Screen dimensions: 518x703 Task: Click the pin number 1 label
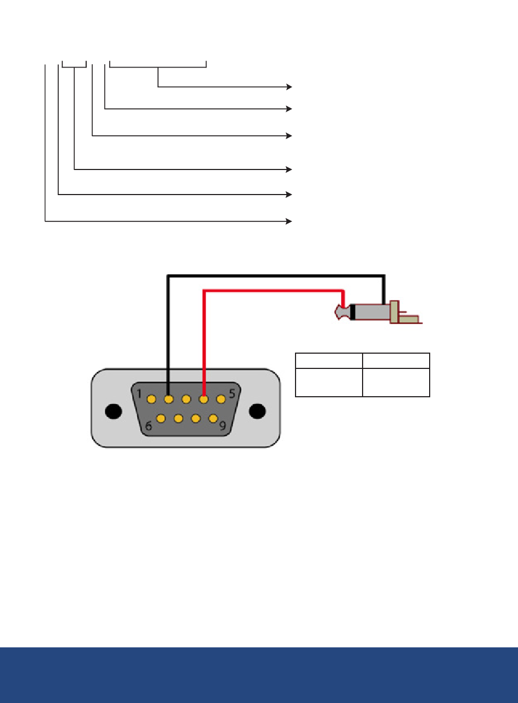(x=139, y=394)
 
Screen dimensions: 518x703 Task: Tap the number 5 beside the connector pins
(x=232, y=393)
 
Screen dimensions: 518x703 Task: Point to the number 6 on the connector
(x=148, y=426)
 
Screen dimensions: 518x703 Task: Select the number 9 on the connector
(x=222, y=426)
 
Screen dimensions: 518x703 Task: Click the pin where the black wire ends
(x=169, y=399)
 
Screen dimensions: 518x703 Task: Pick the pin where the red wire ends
(x=204, y=399)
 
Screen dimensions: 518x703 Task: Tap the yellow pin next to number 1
(x=152, y=399)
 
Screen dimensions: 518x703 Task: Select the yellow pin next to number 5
(x=221, y=399)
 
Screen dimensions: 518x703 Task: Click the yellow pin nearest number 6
(x=161, y=419)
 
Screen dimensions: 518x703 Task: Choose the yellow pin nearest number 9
(x=213, y=419)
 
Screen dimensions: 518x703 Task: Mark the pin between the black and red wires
(x=186, y=399)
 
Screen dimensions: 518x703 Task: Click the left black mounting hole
(x=113, y=411)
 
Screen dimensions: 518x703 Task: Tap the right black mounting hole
(x=257, y=411)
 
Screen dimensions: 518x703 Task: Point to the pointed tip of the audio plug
(x=336, y=312)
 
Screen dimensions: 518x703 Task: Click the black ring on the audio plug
(x=353, y=312)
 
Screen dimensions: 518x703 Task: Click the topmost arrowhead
(x=289, y=87)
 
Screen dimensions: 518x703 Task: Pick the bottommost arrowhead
(x=289, y=222)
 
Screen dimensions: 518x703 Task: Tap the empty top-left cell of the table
(x=329, y=361)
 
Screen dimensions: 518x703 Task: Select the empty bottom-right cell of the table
(x=396, y=383)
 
